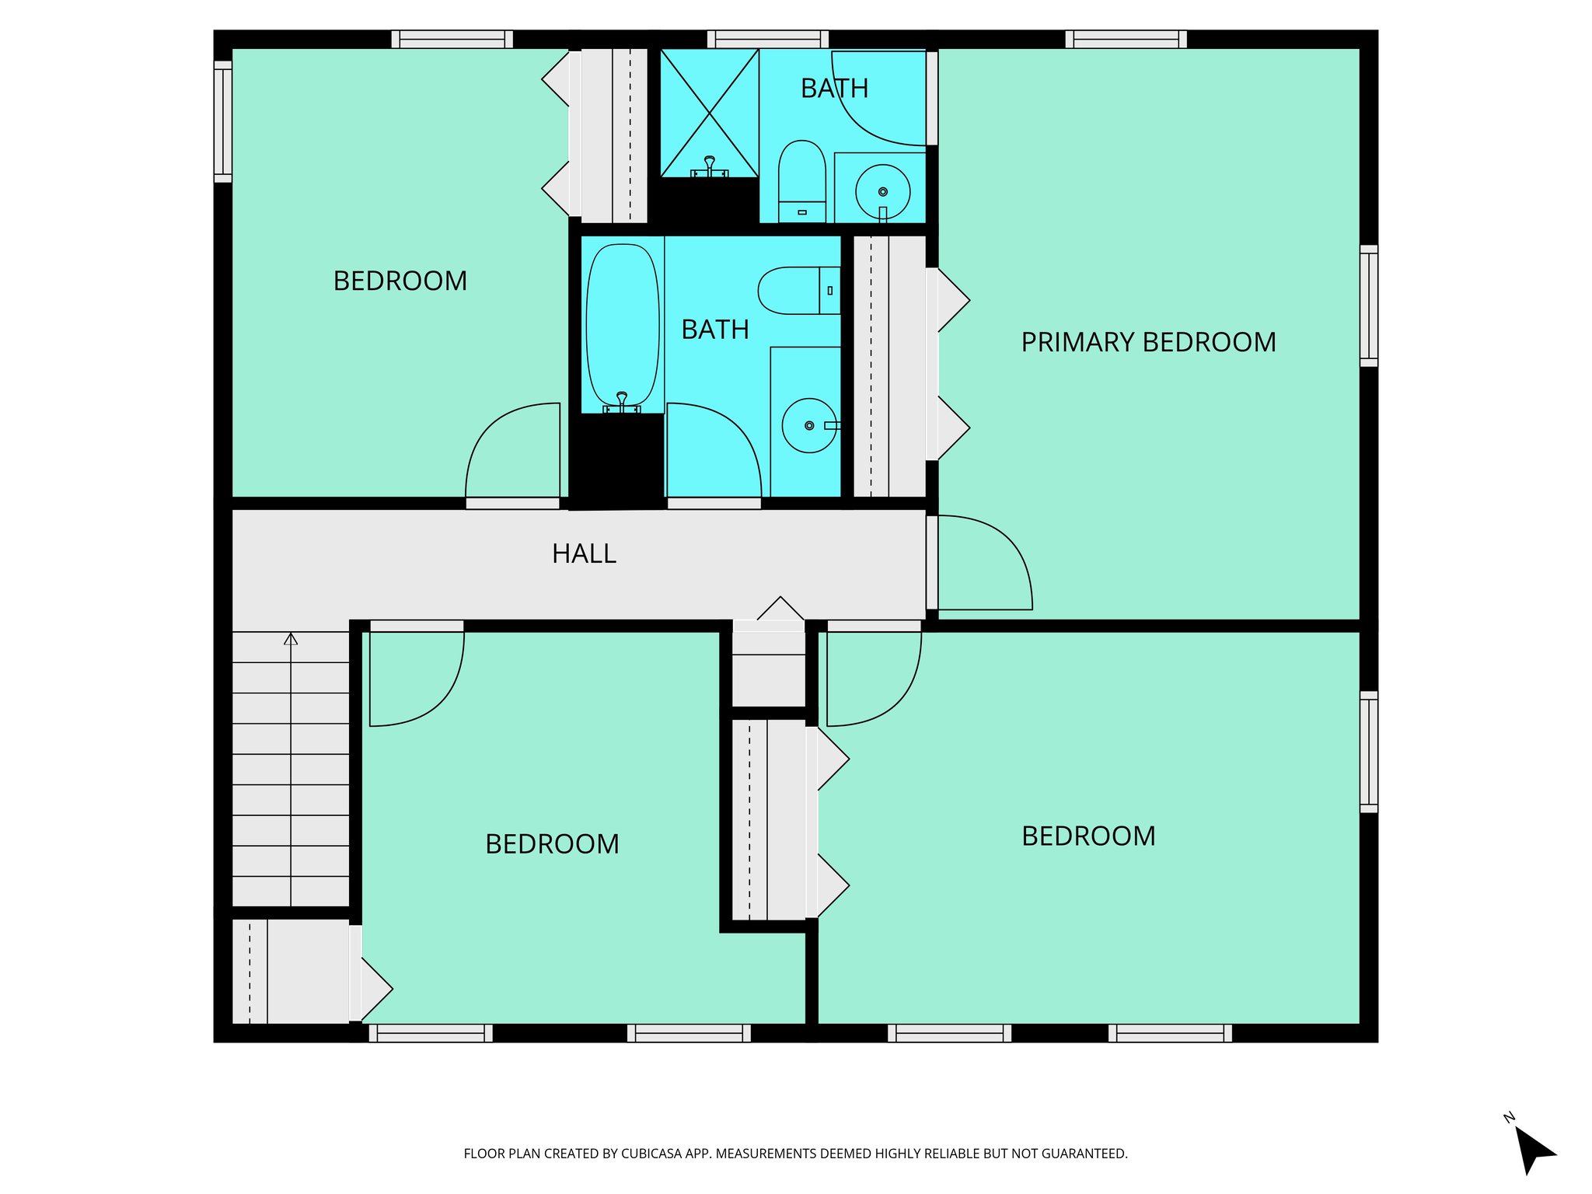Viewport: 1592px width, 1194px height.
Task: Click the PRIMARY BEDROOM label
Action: [x=1148, y=342]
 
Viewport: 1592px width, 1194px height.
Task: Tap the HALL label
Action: [x=584, y=553]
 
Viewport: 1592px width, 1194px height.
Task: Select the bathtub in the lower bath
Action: [x=622, y=326]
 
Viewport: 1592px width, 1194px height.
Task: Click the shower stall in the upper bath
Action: [x=709, y=113]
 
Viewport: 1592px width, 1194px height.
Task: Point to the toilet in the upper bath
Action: [x=801, y=180]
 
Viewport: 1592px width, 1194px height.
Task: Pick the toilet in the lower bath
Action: [x=798, y=291]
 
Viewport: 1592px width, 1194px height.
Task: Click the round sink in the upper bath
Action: [x=882, y=191]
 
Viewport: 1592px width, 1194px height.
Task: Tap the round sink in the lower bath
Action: [x=809, y=425]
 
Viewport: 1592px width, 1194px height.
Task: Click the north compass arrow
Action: [x=1533, y=1151]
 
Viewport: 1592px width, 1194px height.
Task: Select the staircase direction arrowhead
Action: [x=291, y=639]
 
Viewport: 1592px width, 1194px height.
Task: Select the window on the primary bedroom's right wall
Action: [x=1369, y=305]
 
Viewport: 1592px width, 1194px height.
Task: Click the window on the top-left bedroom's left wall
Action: [x=223, y=122]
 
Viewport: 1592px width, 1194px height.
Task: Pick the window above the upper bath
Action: [x=767, y=39]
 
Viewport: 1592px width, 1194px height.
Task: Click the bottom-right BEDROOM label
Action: [x=1088, y=836]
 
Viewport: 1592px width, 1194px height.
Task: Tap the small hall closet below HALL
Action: [x=769, y=669]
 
